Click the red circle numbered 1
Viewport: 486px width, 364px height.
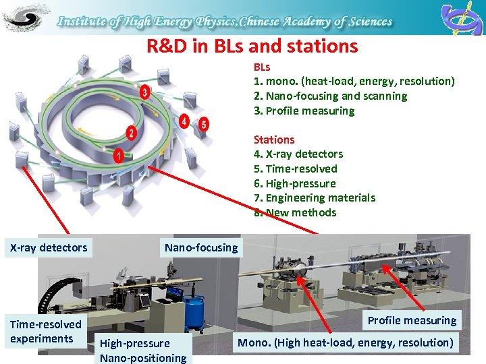[x=119, y=156]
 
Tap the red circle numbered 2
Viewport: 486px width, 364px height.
[x=131, y=133]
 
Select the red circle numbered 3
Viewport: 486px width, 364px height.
[x=144, y=92]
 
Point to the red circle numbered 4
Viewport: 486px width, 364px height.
[x=184, y=121]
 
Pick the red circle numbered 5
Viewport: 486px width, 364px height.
[x=204, y=124]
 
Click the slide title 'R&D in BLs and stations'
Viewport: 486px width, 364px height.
[x=252, y=47]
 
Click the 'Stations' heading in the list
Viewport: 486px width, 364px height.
[x=274, y=140]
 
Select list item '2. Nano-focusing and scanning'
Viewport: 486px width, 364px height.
[x=330, y=96]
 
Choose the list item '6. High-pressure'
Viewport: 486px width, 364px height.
[x=294, y=183]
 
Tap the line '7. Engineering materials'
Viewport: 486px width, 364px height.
[x=314, y=198]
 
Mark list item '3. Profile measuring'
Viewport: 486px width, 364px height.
[x=304, y=111]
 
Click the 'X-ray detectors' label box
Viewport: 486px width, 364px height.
[x=49, y=247]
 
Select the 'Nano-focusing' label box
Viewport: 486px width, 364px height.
[x=201, y=247]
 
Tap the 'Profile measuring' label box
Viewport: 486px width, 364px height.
[x=412, y=320]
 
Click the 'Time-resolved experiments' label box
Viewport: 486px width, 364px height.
[x=45, y=332]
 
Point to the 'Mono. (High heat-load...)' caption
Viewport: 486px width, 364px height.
[x=345, y=342]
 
